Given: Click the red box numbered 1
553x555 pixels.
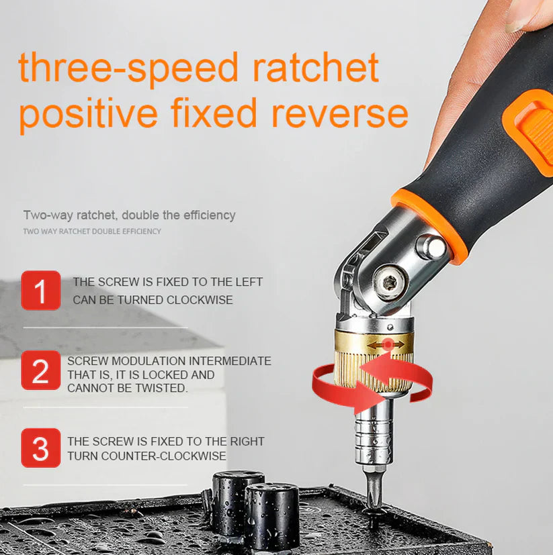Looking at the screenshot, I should coord(40,290).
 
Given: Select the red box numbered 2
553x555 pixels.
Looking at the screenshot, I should coord(40,370).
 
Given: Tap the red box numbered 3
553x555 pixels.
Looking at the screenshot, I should coord(40,448).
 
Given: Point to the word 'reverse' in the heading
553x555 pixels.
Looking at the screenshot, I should coord(340,113).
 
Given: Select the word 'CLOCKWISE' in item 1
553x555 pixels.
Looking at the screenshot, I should coord(200,300).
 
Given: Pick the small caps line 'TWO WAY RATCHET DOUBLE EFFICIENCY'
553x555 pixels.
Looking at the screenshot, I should coord(92,232).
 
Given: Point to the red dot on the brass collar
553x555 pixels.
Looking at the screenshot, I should coord(388,344).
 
